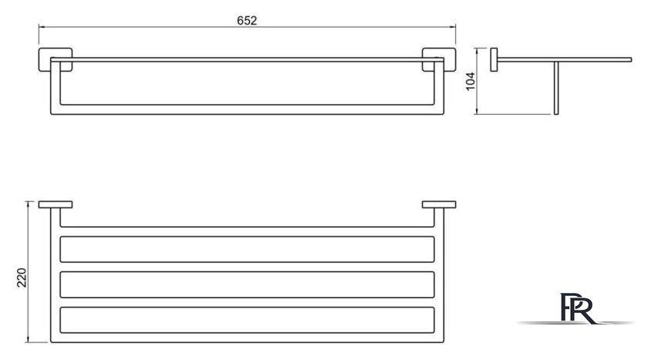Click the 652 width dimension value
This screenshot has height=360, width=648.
click(x=247, y=21)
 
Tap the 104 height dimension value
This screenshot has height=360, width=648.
click(x=471, y=82)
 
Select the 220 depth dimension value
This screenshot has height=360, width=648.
click(x=22, y=278)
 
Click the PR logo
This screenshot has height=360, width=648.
click(x=577, y=308)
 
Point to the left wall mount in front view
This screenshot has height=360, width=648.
click(x=56, y=59)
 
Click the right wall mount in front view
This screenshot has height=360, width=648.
click(x=439, y=59)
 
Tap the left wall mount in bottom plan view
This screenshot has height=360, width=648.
click(x=56, y=204)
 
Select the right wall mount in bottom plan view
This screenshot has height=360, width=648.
click(x=439, y=204)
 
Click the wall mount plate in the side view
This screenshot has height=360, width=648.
click(x=494, y=60)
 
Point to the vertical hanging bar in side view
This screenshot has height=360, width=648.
click(x=556, y=88)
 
